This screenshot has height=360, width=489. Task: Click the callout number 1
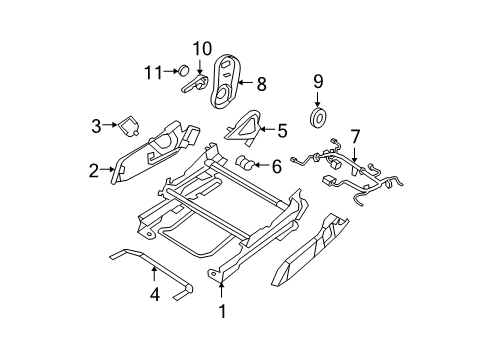(221, 311)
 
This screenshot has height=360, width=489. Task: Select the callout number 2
(93, 171)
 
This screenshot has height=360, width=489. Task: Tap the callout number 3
(96, 125)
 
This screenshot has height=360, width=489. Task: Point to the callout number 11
(152, 71)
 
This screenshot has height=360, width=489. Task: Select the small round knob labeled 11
(183, 71)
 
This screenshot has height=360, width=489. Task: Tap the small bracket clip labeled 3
(129, 126)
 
